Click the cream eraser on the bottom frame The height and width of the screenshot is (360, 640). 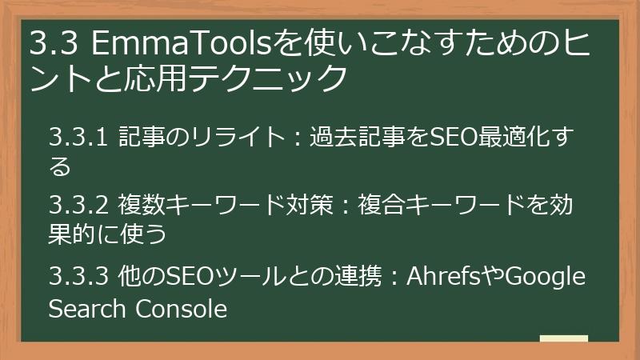pyautogui.click(x=563, y=339)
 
